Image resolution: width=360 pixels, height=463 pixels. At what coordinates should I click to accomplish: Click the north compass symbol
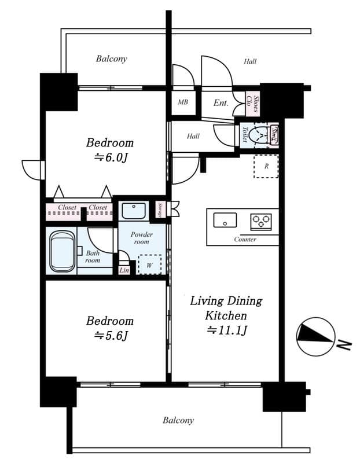[315, 336]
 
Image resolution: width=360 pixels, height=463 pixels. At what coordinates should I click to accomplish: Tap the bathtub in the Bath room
[62, 251]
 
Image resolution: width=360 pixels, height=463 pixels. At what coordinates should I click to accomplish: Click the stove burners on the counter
[260, 221]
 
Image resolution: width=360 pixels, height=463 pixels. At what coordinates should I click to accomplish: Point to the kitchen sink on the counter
[225, 221]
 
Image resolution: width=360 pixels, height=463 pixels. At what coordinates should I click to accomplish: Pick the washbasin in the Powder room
[134, 211]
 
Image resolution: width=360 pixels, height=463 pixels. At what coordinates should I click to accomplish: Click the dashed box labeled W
[150, 264]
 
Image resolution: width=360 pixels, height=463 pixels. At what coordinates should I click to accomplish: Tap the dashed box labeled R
[266, 166]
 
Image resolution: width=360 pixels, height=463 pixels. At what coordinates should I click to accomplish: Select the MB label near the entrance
[183, 102]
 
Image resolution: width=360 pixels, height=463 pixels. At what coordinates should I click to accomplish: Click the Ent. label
[221, 103]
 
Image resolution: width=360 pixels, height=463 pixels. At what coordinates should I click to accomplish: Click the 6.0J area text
[111, 157]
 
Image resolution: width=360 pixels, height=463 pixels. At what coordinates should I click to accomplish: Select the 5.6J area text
[111, 335]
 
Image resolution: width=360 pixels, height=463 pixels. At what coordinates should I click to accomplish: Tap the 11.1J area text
[226, 330]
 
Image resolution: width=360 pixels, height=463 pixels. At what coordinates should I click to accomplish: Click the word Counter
[245, 239]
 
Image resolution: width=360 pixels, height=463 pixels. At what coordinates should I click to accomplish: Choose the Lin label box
[123, 270]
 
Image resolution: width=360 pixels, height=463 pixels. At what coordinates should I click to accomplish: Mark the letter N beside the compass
[345, 345]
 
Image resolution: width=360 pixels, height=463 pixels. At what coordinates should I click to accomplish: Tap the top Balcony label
[111, 58]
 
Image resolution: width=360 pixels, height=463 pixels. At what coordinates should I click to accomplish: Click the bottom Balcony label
[178, 420]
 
